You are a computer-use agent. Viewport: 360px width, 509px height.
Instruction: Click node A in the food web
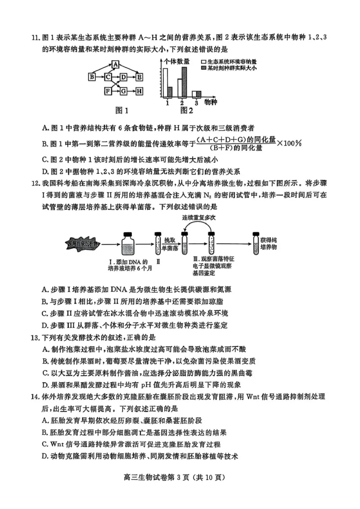point(116,64)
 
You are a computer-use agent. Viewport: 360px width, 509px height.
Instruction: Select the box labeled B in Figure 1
point(92,77)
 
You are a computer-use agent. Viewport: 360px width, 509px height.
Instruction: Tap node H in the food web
point(139,91)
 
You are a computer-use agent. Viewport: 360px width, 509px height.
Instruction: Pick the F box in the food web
point(108,91)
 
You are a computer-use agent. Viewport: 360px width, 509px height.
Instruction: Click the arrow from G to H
point(131,91)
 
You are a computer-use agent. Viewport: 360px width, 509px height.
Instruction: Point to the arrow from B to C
point(99,77)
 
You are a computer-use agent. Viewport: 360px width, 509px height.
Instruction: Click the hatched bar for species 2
point(184,83)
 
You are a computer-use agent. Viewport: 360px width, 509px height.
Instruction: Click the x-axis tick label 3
point(196,103)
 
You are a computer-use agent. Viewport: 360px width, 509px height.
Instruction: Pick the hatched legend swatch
point(204,68)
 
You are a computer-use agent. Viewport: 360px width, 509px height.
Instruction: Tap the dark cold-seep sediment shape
point(81,244)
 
